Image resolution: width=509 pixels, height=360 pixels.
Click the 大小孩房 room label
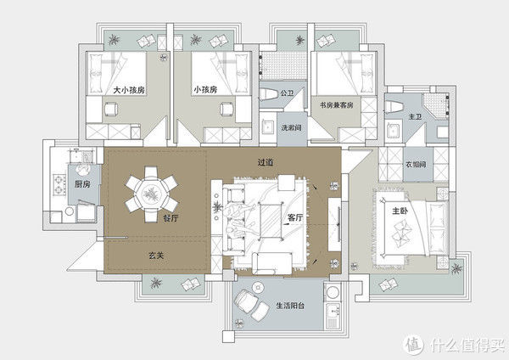coord(129,90)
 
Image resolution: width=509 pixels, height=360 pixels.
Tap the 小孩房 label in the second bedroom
coord(205,89)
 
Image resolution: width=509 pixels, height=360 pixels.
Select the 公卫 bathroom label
coord(287,93)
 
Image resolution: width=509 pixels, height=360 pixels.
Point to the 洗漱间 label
coord(291,127)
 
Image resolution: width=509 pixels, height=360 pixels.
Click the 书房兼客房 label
coord(336,105)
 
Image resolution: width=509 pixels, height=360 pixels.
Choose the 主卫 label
coord(415,116)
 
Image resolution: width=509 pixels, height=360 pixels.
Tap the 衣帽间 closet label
coord(416,165)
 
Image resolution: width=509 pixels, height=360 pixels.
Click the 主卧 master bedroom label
coord(400,211)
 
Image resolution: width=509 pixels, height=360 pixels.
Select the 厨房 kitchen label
coord(82,184)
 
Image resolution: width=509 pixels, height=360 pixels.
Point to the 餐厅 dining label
coord(171,218)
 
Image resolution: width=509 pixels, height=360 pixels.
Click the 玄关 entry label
coord(156,256)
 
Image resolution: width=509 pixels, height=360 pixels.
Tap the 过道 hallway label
coord(266,162)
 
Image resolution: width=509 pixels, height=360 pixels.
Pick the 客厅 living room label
coord(294,217)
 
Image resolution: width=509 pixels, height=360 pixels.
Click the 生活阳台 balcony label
coord(290,306)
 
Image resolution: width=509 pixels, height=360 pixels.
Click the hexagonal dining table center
coord(151,194)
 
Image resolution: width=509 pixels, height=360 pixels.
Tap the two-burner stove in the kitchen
coord(59,184)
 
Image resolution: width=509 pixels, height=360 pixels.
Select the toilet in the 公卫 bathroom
coord(268,94)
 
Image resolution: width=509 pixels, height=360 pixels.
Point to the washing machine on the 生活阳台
coord(333,291)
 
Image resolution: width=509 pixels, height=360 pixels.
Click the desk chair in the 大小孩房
coord(110,109)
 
